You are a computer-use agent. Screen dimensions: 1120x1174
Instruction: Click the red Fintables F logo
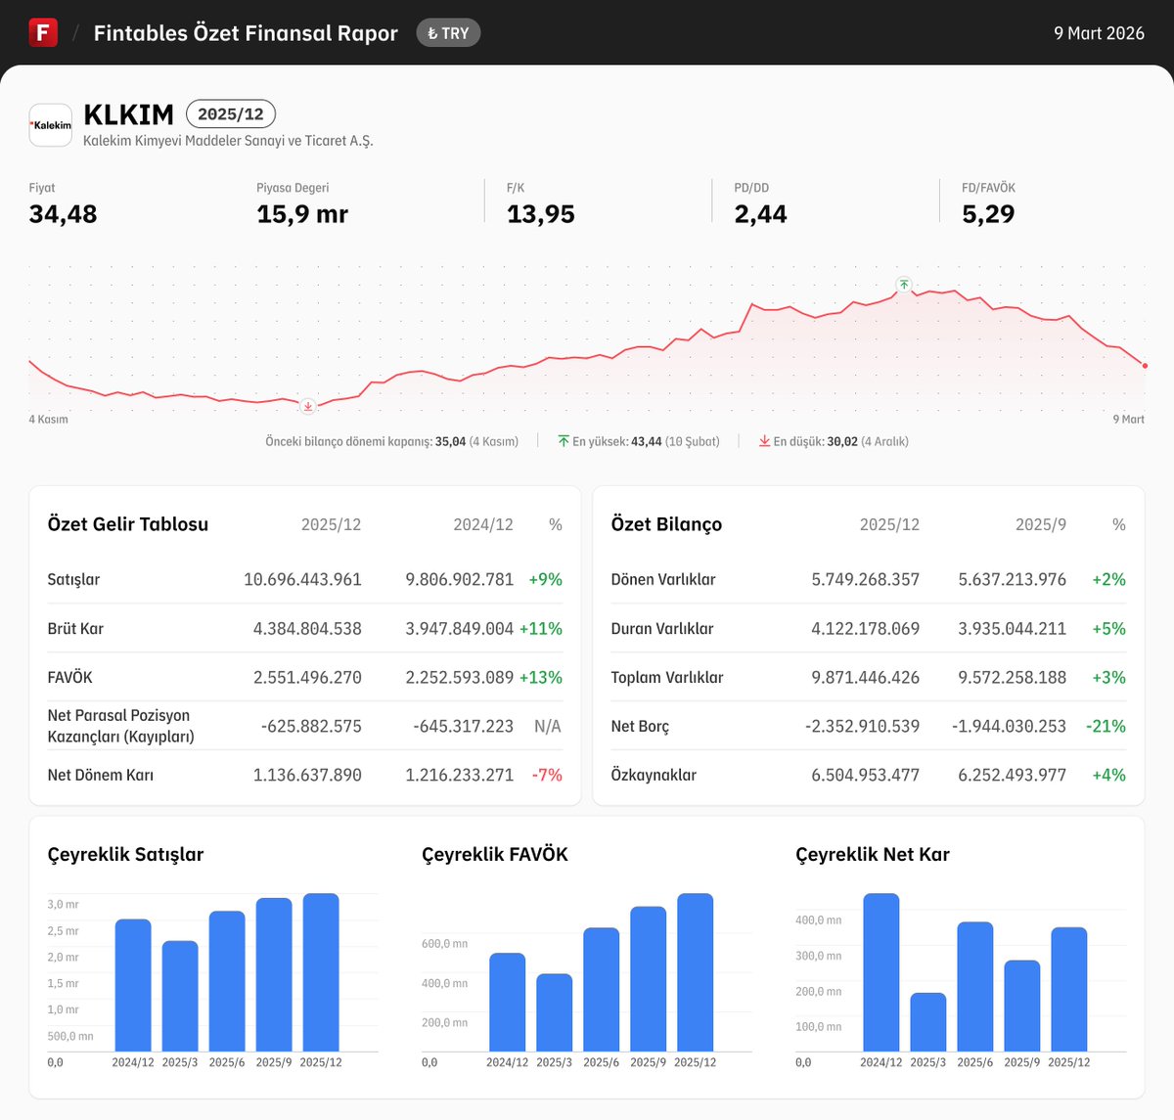[43, 32]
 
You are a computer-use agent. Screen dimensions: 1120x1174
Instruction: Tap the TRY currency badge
[448, 33]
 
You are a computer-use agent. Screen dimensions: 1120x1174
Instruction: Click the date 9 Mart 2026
[1099, 33]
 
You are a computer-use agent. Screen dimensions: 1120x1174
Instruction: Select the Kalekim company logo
[51, 125]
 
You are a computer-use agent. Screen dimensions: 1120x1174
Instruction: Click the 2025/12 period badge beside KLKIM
[231, 114]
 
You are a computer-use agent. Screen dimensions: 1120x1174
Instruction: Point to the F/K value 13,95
[540, 214]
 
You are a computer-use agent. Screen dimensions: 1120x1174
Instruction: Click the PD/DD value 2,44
[760, 214]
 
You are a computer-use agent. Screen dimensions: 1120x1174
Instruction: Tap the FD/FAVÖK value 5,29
[988, 214]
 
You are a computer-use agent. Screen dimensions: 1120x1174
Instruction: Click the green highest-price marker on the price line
[904, 285]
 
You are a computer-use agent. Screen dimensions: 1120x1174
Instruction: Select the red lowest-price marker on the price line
[308, 406]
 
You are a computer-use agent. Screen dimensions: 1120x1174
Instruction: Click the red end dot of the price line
[1145, 366]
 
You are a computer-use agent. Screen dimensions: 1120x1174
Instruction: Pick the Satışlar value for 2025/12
[302, 579]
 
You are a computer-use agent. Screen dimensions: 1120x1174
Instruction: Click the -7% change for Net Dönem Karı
[547, 775]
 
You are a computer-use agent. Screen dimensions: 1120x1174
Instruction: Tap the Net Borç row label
[640, 726]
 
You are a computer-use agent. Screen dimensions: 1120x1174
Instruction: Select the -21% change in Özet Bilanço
[1106, 726]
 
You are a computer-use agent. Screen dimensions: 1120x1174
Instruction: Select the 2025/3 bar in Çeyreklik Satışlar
[180, 996]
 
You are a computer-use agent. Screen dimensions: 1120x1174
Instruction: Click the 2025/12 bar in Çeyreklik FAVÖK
[695, 972]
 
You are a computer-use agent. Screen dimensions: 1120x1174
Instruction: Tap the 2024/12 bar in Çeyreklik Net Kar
[880, 972]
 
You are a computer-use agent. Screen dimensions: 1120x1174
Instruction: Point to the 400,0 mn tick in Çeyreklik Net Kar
[818, 920]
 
